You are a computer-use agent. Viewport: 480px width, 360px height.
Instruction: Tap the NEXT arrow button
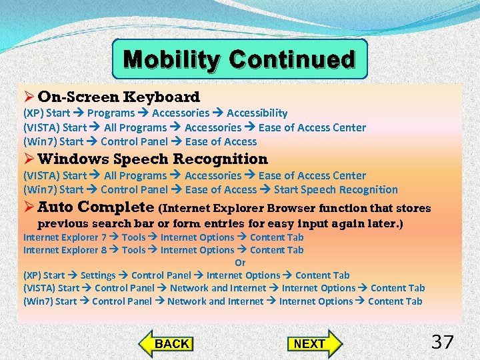point(312,343)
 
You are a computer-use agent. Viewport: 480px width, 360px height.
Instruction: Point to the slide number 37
point(442,343)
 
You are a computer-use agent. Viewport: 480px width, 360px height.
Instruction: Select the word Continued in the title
point(291,59)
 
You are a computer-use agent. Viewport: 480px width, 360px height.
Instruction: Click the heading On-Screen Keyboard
point(119,97)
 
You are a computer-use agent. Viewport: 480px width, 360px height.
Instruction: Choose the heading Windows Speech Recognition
point(153,159)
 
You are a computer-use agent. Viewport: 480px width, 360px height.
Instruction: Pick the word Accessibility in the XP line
point(257,113)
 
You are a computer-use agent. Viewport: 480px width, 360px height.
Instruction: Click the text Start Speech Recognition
point(335,189)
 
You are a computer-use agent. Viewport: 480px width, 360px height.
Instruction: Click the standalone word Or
point(240,263)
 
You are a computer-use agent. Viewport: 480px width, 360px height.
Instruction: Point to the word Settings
point(98,275)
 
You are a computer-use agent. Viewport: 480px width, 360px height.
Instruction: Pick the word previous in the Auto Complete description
point(65,223)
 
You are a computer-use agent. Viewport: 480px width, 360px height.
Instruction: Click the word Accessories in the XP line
point(181,113)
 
